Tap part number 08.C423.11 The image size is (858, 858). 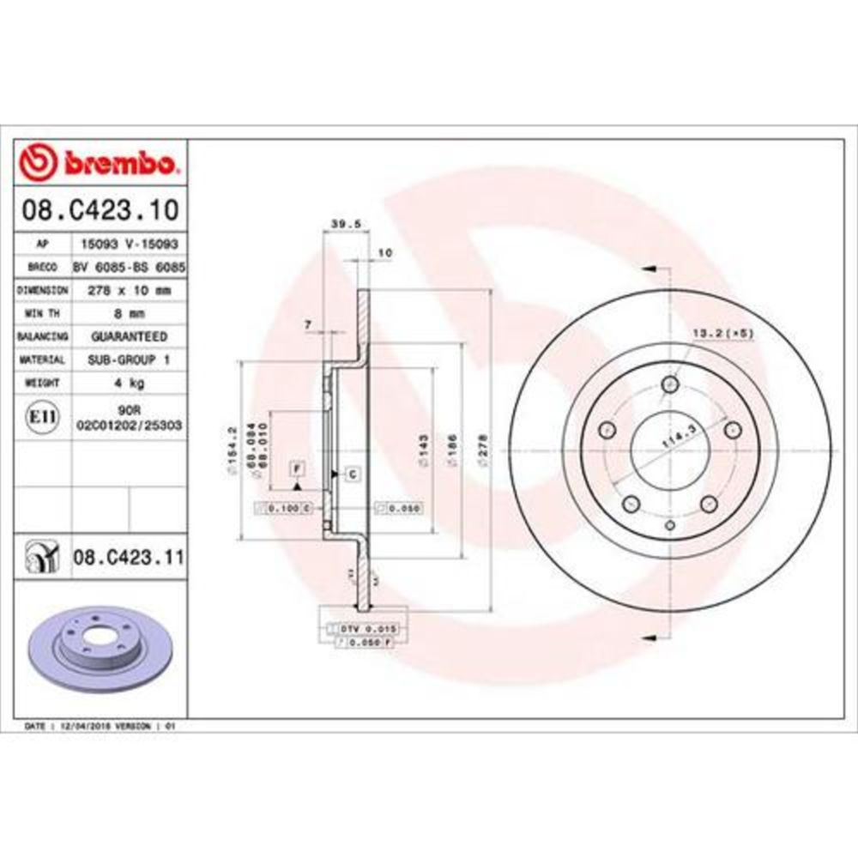pyautogui.click(x=129, y=558)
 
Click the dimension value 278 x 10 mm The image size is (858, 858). pyautogui.click(x=129, y=290)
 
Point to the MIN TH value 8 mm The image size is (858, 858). pyautogui.click(x=129, y=313)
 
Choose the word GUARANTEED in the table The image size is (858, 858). pyautogui.click(x=129, y=336)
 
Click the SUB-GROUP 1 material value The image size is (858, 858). pyautogui.click(x=129, y=360)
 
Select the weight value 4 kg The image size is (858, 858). pyautogui.click(x=129, y=383)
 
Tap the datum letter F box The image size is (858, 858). pyautogui.click(x=297, y=468)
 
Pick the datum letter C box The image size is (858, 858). pyautogui.click(x=352, y=474)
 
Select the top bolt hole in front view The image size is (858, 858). pyautogui.click(x=668, y=385)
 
